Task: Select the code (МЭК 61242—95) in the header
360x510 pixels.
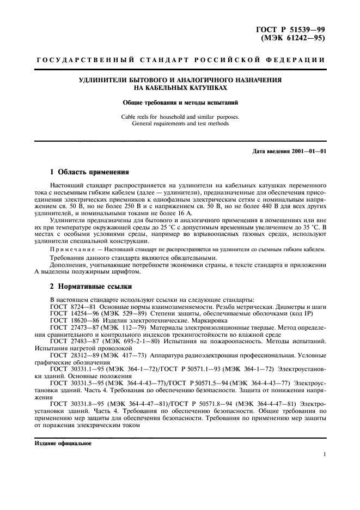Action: click(x=296, y=38)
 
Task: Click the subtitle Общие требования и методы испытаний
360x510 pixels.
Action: click(x=180, y=102)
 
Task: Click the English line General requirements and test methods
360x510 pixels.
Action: click(x=180, y=123)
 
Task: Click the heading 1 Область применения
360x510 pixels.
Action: click(x=89, y=172)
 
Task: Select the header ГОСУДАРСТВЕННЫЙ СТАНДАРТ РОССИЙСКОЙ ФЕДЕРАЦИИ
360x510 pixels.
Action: click(x=180, y=59)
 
